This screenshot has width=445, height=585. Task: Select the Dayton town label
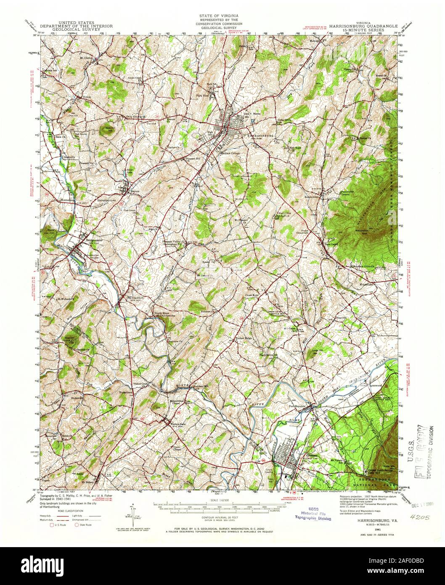134,190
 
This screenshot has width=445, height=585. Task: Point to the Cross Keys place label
253,296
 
